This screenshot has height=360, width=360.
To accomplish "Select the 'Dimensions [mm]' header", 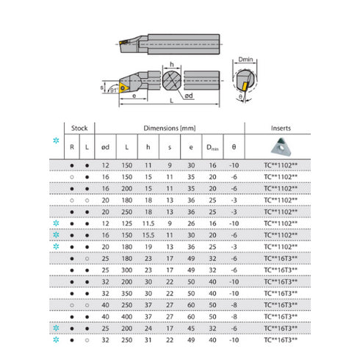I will tap(174, 127).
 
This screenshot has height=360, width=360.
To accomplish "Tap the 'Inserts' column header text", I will tap(280, 127).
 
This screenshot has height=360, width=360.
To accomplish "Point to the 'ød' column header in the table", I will tap(107, 147).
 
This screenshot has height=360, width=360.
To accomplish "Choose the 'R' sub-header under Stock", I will tap(71, 147).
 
